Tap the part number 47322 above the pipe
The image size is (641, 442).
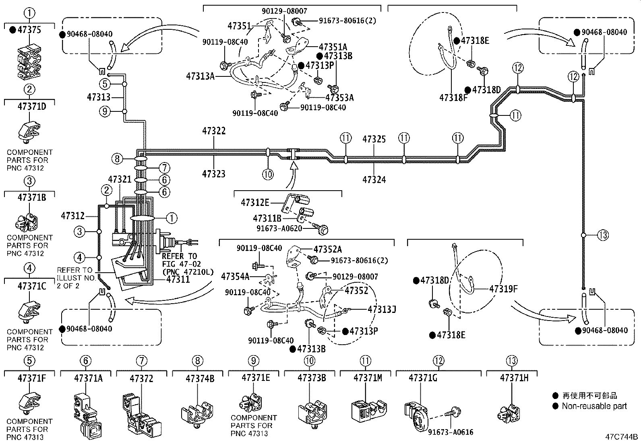[214, 131]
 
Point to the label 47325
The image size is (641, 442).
[374, 139]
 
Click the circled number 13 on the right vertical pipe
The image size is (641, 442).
[603, 234]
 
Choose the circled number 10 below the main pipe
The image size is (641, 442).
[268, 174]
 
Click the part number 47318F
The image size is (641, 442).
[453, 97]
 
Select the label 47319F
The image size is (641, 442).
[503, 288]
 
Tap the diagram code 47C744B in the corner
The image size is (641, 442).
[621, 436]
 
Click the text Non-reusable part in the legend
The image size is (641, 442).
[594, 406]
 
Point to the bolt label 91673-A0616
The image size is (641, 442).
[450, 432]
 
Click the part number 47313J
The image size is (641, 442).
[382, 309]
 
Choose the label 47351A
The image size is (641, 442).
[333, 47]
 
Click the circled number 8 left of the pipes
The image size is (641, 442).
[117, 158]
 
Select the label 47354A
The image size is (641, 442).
[235, 276]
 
